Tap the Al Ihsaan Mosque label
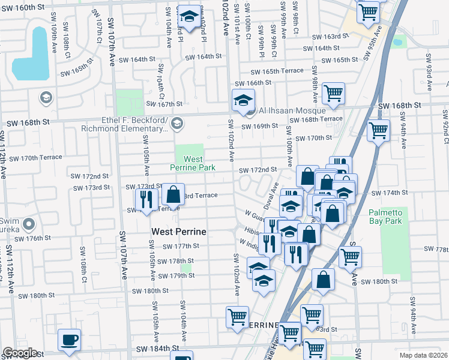[292, 111]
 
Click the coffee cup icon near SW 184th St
[70, 340]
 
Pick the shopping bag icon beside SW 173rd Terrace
[173, 194]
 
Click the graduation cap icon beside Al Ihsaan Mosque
[243, 100]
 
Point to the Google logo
[20, 353]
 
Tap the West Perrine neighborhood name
[179, 232]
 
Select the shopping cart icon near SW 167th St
[333, 93]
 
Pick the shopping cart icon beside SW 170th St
[379, 130]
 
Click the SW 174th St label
[389, 193]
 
